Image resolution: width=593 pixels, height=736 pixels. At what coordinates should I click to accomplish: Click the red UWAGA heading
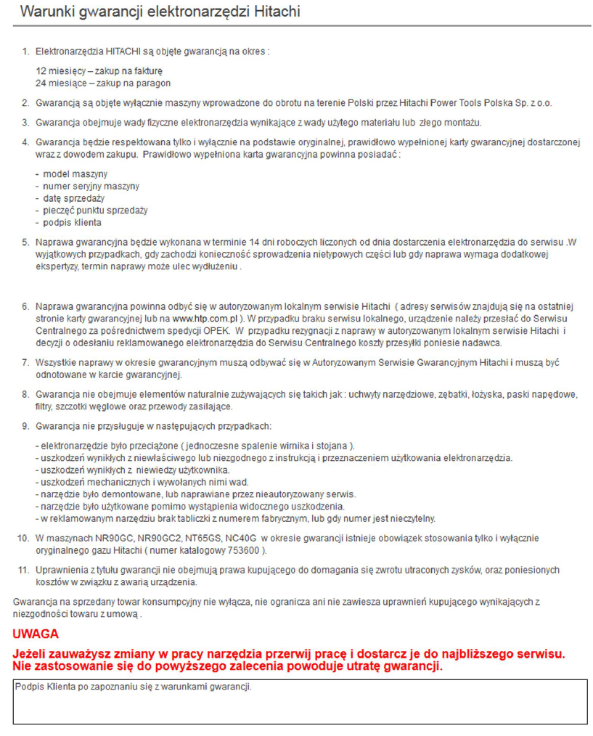point(36,634)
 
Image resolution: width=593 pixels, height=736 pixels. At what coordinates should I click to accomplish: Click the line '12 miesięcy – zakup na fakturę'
point(99,71)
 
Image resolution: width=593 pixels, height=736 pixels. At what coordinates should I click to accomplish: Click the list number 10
point(23,539)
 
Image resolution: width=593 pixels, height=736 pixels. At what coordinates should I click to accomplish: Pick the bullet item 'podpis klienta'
point(71,223)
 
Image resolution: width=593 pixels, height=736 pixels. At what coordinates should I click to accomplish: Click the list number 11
point(23,570)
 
